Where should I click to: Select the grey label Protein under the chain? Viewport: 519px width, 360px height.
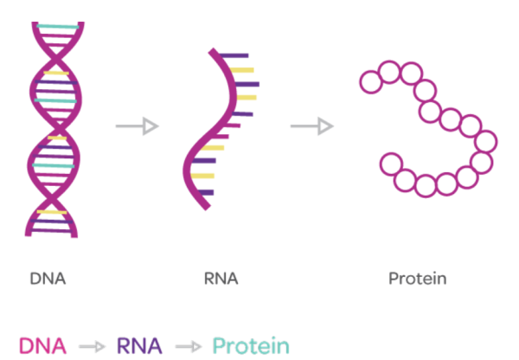pos(417,279)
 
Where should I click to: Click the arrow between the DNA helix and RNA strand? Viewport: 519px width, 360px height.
pos(138,127)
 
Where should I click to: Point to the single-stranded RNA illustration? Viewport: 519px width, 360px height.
pos(221,130)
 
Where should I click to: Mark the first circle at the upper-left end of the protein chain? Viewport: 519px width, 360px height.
pos(370,83)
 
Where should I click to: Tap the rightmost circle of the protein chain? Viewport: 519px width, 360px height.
pos(487,141)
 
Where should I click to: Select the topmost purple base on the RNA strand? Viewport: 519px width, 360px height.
pos(234,55)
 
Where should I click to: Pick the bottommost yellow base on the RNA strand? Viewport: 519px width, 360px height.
pos(203,176)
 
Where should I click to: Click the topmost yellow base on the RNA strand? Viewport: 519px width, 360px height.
pos(241,69)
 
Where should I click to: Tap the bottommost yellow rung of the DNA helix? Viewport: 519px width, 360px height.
pos(52,212)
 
